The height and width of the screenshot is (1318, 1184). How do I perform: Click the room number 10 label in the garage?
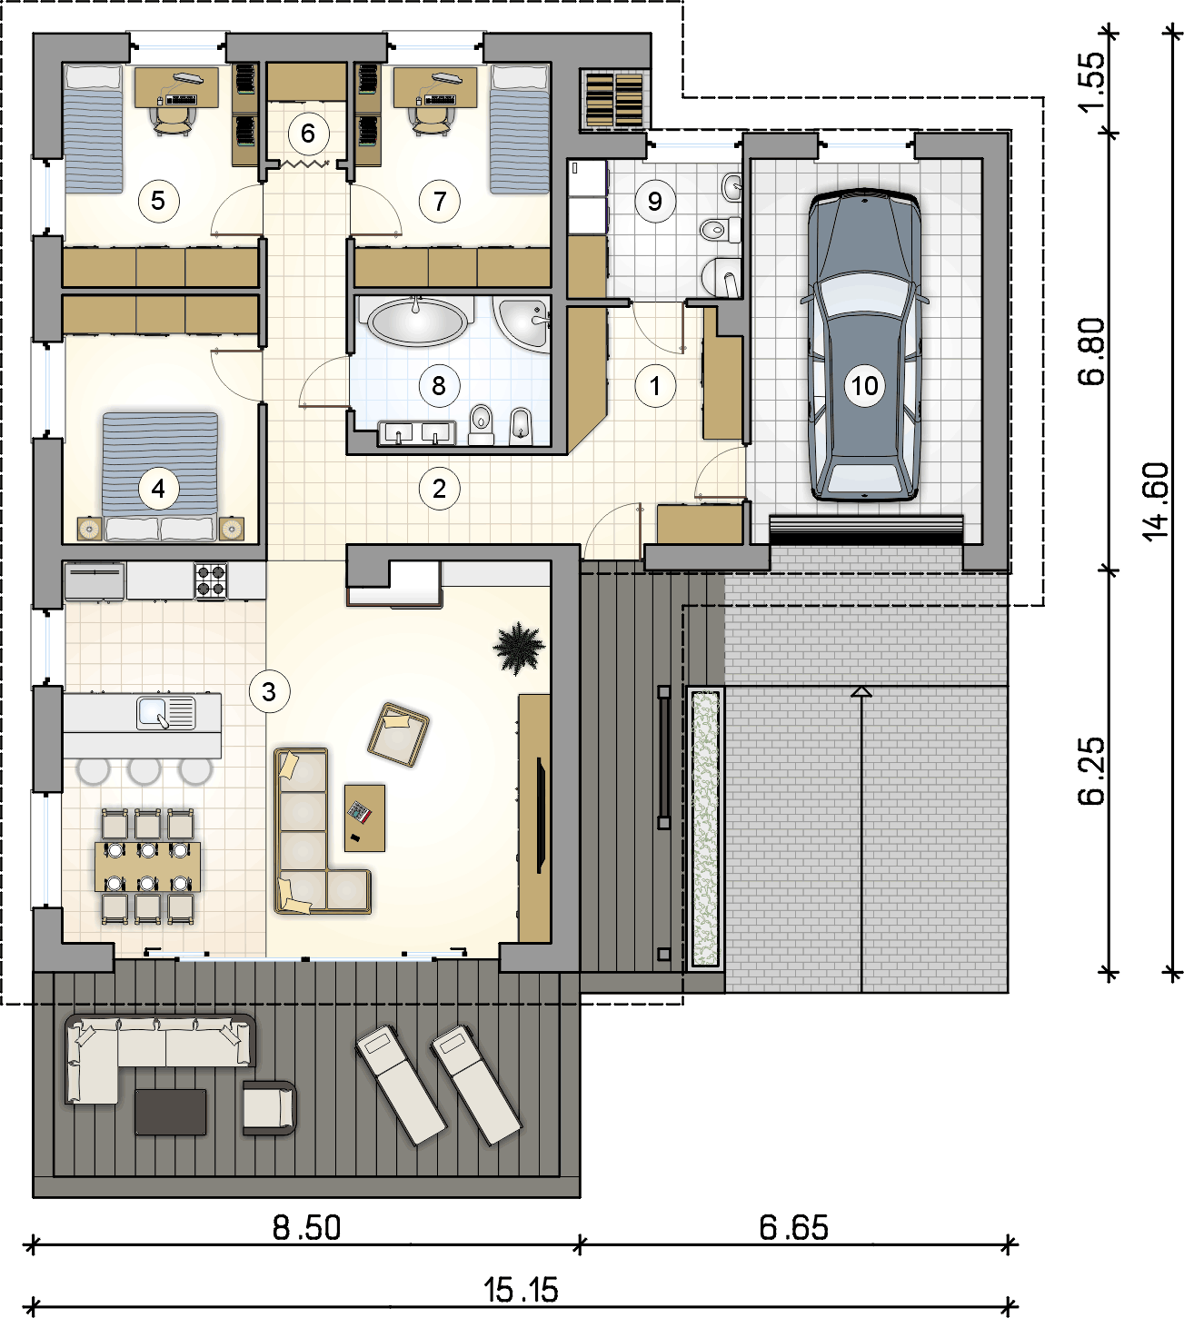[x=864, y=386]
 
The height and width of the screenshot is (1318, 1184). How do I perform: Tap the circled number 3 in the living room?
[x=269, y=691]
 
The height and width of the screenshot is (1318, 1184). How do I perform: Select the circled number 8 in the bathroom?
[x=439, y=386]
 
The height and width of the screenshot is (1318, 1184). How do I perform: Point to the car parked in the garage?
[x=864, y=345]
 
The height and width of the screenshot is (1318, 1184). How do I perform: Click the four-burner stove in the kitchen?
[x=210, y=581]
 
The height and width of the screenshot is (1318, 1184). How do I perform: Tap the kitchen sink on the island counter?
[x=166, y=712]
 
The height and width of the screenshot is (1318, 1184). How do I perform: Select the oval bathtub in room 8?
[x=417, y=321]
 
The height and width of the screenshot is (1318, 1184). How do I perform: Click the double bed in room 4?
[x=160, y=476]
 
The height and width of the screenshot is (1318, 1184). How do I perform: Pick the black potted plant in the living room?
[x=518, y=648]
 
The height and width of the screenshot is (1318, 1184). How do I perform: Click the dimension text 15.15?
[x=521, y=1290]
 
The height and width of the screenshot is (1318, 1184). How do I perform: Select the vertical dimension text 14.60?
[x=1156, y=501]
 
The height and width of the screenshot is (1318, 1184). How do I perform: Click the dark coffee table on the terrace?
[x=171, y=1113]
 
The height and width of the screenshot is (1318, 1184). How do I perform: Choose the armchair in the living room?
[x=398, y=735]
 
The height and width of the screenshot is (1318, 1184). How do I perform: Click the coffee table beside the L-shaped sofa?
[x=364, y=818]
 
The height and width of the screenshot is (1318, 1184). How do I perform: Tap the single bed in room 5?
[x=94, y=129]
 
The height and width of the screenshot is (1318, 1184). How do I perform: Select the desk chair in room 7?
[x=429, y=121]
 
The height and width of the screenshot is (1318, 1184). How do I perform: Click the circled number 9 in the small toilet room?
[x=655, y=201]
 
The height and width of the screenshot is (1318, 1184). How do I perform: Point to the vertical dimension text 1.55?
[x=1091, y=82]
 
